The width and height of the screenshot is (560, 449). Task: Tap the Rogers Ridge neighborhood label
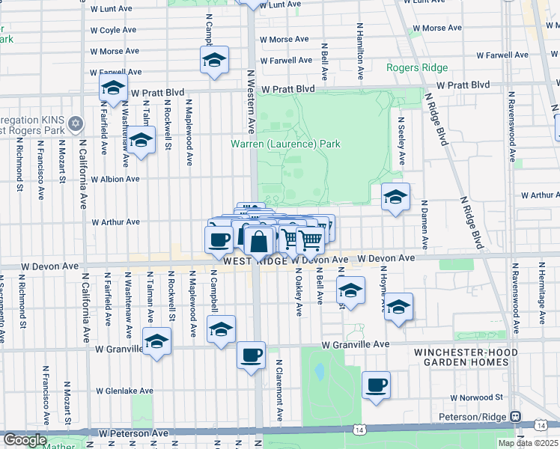tap(416, 67)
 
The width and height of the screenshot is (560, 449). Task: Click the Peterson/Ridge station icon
tap(515, 416)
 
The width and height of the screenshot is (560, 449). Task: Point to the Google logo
tap(25, 441)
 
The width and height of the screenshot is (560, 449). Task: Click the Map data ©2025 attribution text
tap(528, 443)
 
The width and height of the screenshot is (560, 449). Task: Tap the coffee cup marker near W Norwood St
tap(376, 385)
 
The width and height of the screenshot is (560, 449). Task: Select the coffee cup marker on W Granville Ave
tap(251, 354)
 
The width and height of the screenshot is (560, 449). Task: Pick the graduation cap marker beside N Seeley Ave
tap(395, 197)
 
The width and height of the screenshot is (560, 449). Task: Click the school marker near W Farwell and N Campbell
tap(214, 60)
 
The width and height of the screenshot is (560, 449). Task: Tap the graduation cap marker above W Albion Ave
tap(140, 140)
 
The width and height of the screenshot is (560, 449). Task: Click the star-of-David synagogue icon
tap(75, 123)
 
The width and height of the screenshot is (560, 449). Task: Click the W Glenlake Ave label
tap(125, 391)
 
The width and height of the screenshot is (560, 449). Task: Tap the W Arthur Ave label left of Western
tap(115, 222)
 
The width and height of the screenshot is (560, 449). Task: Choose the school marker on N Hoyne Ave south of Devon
tap(398, 307)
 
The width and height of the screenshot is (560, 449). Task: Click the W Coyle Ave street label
tap(114, 31)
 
